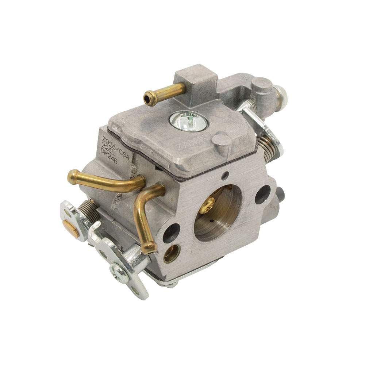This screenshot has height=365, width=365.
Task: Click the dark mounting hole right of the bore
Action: (263, 194)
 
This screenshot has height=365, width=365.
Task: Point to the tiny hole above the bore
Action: (227, 174)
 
